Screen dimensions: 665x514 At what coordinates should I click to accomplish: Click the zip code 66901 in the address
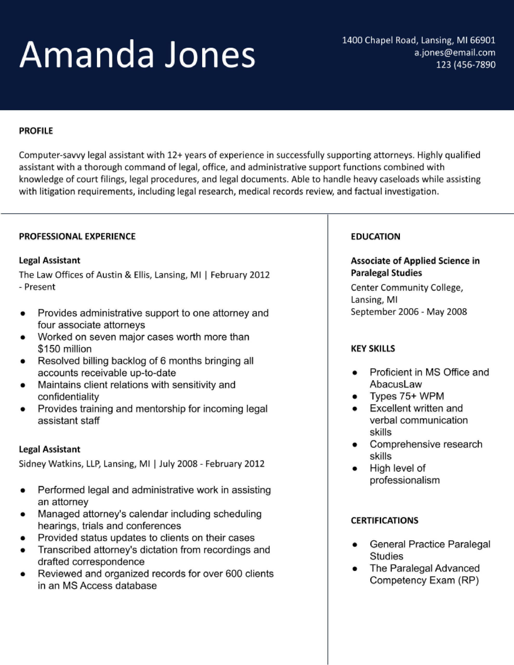pos(483,40)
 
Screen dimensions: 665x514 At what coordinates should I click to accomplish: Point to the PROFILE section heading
pos(36,131)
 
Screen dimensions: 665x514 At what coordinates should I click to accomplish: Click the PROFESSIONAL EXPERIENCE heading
pos(77,237)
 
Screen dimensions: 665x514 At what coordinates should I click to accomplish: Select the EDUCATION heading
pos(375,237)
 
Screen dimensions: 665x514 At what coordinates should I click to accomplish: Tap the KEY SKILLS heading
pos(373,349)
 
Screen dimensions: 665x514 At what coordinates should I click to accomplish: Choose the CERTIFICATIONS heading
pos(384,521)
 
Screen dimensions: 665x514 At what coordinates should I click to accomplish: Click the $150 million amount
pos(65,349)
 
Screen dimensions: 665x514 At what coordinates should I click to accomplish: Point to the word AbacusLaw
pos(396,384)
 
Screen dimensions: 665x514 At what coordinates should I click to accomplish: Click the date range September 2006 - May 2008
pos(408,312)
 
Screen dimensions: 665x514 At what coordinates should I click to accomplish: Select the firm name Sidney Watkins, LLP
pos(60,464)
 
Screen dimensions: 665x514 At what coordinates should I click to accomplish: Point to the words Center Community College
pos(406,288)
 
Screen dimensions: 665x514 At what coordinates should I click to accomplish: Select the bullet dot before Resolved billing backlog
pos(23,361)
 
